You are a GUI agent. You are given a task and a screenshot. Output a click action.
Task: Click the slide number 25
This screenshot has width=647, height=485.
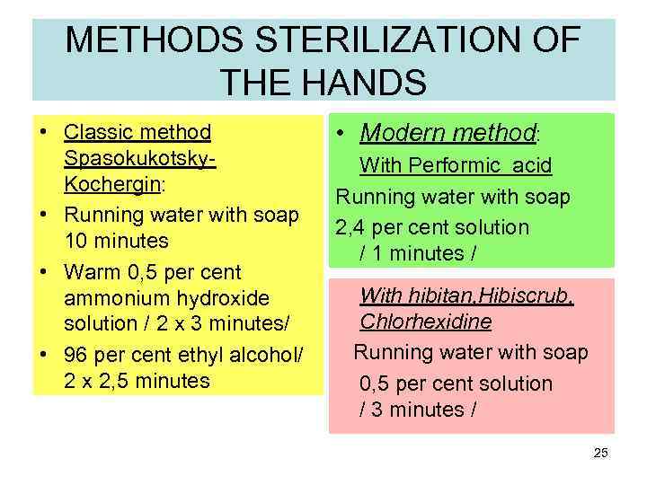tap(601, 453)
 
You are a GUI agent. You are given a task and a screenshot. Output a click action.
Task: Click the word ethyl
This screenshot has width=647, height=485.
tap(201, 354)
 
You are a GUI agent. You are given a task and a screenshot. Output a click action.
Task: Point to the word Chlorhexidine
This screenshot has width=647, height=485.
tap(426, 322)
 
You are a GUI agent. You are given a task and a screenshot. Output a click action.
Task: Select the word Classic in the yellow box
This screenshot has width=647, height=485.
tap(93, 133)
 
